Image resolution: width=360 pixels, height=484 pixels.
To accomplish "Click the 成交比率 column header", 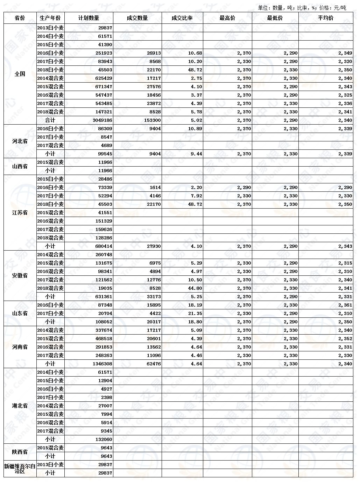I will point(182,18).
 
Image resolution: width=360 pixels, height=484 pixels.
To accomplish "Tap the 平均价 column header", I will point(325,18).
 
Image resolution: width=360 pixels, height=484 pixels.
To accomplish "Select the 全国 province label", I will point(20,74).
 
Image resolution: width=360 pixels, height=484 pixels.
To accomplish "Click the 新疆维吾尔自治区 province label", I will point(20,469).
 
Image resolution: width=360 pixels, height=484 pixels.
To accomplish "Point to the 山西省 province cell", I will point(20,166).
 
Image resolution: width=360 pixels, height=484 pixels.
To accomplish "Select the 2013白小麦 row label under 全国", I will point(50,28).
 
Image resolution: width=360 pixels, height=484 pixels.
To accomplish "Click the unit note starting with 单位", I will point(302,8).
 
